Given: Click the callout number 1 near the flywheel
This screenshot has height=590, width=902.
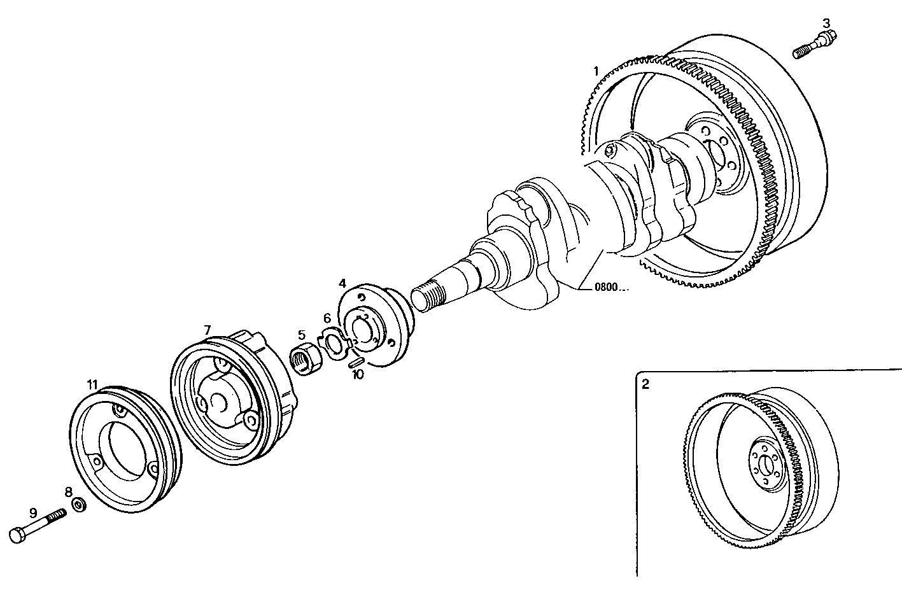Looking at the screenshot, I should [596, 71].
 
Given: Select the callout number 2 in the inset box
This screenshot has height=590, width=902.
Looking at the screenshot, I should [645, 384].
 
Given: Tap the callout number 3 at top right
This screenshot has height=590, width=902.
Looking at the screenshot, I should [826, 23].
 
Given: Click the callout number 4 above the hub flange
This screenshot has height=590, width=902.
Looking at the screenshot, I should [342, 283].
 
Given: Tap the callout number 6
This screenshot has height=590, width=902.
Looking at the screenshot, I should [327, 318].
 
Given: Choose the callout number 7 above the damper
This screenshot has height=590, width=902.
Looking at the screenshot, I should [208, 329].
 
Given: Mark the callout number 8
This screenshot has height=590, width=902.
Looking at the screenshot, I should [68, 491].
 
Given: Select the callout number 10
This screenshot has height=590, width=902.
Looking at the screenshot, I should [358, 375].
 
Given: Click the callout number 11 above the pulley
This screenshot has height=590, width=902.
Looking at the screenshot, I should [93, 384].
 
